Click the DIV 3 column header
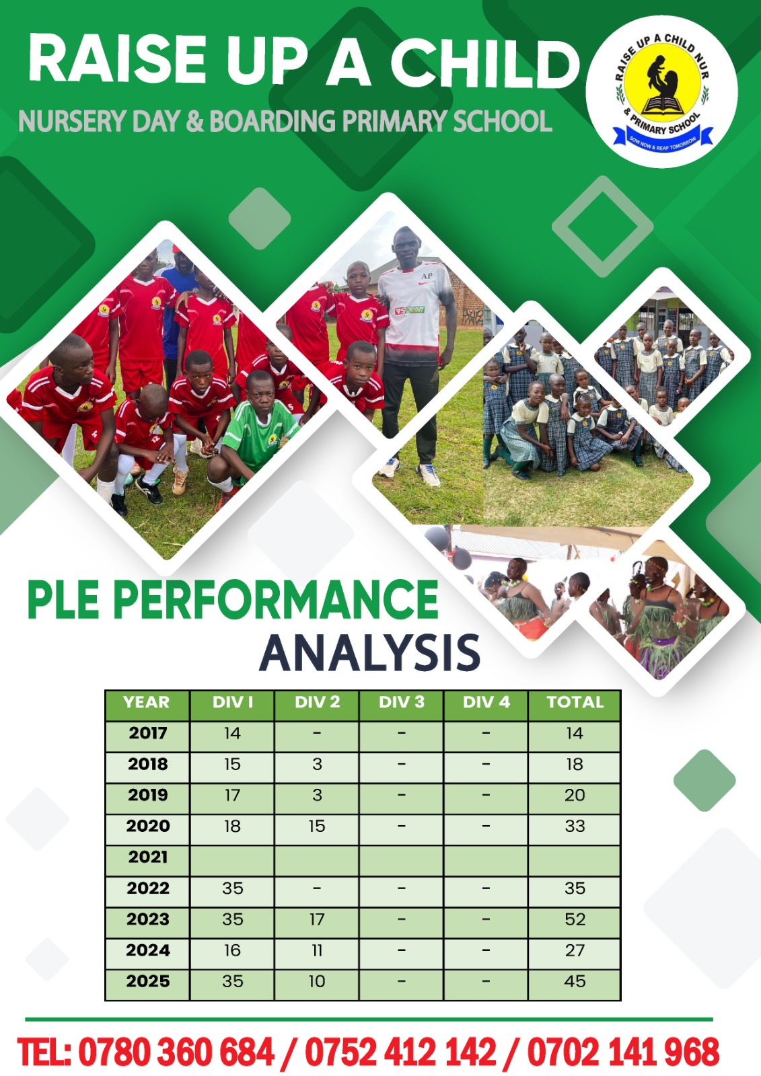(402, 702)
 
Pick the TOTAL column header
(575, 702)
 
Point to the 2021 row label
(147, 857)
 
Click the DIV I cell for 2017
(232, 733)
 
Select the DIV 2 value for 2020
(317, 827)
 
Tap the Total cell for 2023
(575, 919)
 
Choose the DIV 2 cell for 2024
(317, 950)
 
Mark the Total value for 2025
(575, 981)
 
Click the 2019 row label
(147, 795)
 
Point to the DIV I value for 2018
(232, 764)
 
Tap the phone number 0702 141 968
(624, 1052)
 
